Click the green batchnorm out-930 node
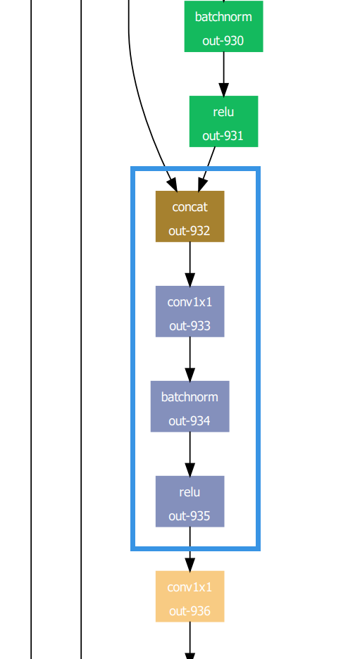pyautogui.click(x=223, y=27)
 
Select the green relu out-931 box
pyautogui.click(x=223, y=122)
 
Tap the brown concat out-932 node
pyautogui.click(x=190, y=216)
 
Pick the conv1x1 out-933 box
pyautogui.click(x=190, y=311)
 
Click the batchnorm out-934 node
pyautogui.click(x=190, y=406)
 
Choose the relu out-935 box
pyautogui.click(x=190, y=501)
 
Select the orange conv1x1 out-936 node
pyautogui.click(x=190, y=596)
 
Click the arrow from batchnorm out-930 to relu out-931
pyautogui.click(x=223, y=74)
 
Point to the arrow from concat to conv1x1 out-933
pyautogui.click(x=190, y=264)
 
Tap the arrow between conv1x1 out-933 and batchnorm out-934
pyautogui.click(x=190, y=359)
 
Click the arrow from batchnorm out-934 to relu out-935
pyautogui.click(x=190, y=454)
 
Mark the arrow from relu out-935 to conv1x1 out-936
pyautogui.click(x=190, y=549)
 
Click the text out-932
pyautogui.click(x=190, y=230)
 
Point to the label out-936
pyautogui.click(x=190, y=610)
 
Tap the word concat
pyautogui.click(x=190, y=207)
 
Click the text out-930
pyautogui.click(x=223, y=41)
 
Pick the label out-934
pyautogui.click(x=190, y=420)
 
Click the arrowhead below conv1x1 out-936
pyautogui.click(x=190, y=654)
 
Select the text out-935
pyautogui.click(x=190, y=515)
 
